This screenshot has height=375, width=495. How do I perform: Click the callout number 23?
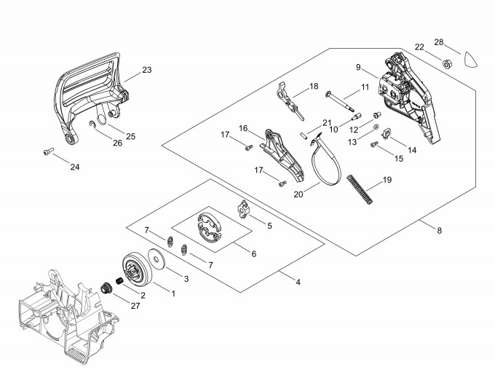146,71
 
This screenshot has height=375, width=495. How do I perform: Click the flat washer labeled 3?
157,260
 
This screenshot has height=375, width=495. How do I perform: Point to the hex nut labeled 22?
447,61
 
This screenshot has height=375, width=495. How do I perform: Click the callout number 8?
438,231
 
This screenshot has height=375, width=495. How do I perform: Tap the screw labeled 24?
47,151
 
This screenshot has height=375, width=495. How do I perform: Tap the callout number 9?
358,68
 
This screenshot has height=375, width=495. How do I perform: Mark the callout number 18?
314,86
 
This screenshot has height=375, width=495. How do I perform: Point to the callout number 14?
412,150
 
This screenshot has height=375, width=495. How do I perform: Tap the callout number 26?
118,143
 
